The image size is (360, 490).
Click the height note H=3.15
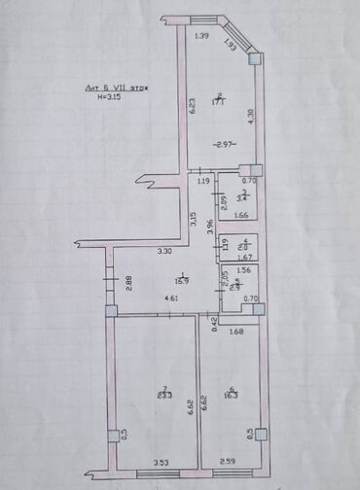click(110, 97)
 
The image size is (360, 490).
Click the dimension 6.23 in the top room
click(194, 103)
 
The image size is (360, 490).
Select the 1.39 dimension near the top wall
click(201, 37)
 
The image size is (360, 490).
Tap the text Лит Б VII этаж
click(116, 88)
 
